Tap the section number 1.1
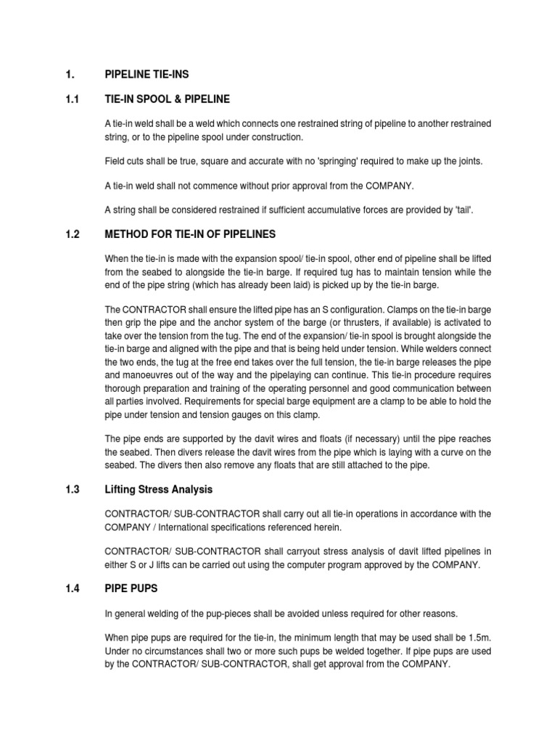[x=71, y=99]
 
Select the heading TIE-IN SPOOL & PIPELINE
[x=168, y=99]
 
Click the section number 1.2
[x=71, y=234]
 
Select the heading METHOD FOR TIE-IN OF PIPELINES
[x=190, y=234]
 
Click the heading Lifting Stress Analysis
[x=159, y=489]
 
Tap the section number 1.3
[x=71, y=489]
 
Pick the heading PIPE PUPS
[x=131, y=588]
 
